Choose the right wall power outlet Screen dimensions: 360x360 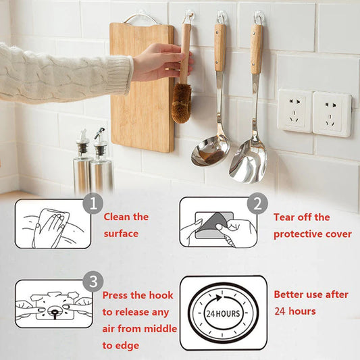click(332, 113)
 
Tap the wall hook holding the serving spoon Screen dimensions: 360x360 click(258, 18)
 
